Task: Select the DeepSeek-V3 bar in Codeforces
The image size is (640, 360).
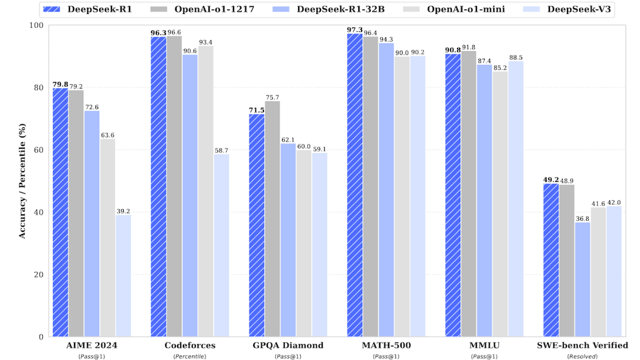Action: click(x=221, y=245)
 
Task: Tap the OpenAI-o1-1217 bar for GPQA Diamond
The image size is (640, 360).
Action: click(x=273, y=219)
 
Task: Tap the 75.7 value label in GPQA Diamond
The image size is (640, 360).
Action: click(x=273, y=97)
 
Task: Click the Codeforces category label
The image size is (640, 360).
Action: click(x=190, y=346)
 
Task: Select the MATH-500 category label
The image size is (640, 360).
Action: click(x=386, y=346)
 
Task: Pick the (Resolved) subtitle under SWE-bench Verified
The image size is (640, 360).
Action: click(x=583, y=356)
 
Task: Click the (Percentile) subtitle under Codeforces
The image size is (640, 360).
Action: click(x=190, y=356)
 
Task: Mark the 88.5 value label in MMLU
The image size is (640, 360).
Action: click(x=516, y=57)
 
